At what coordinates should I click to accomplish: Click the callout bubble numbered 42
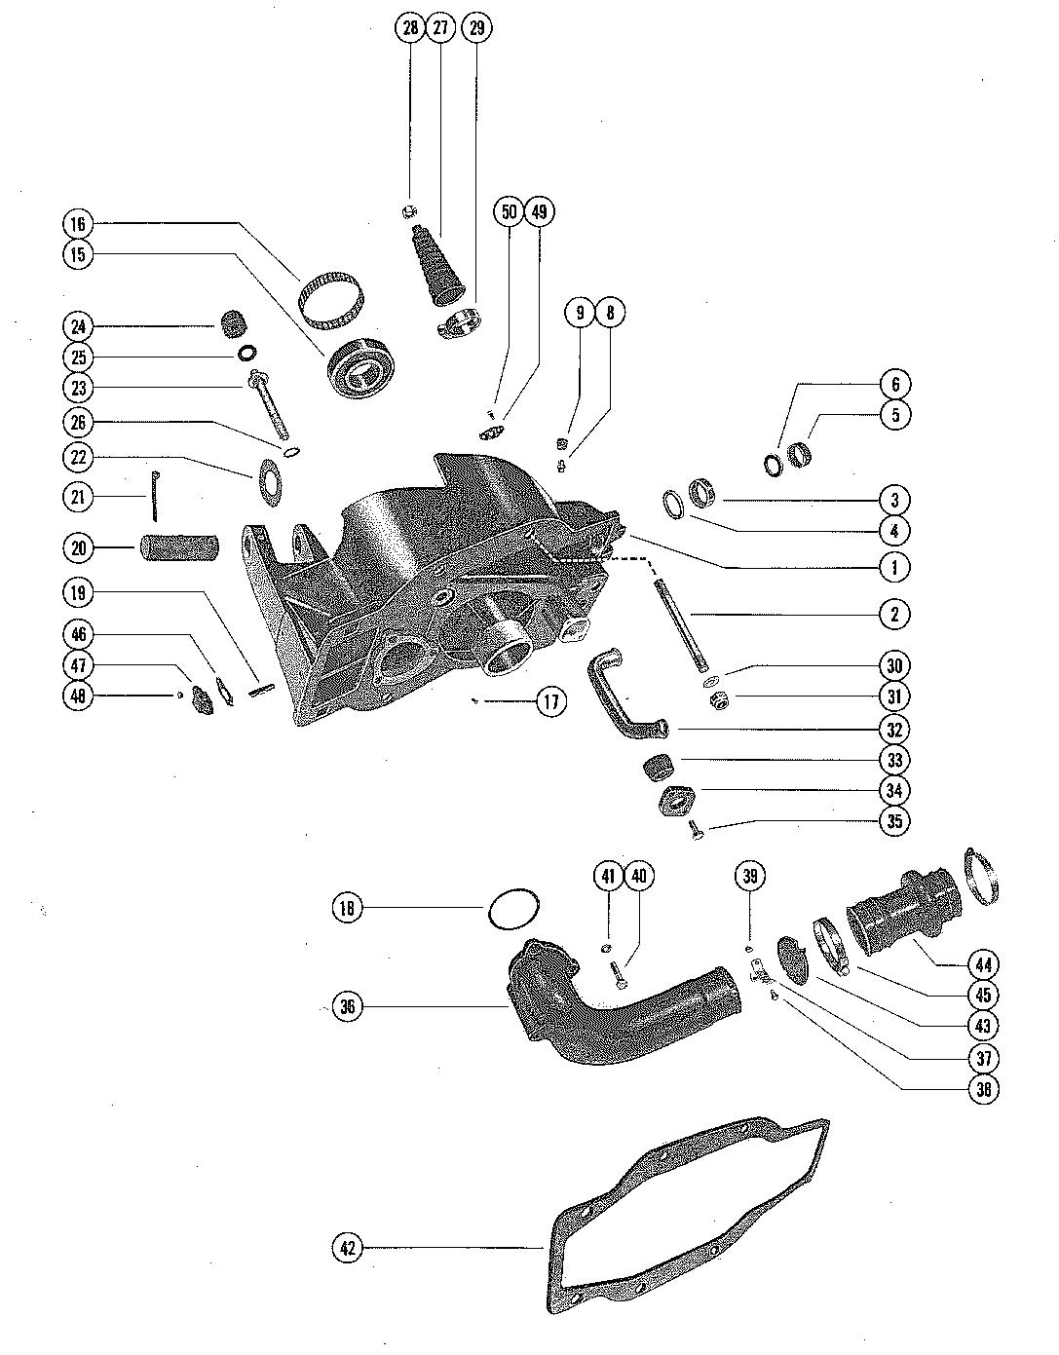(x=348, y=1247)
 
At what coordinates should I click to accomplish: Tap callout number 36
(x=348, y=1006)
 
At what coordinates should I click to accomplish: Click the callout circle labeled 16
(x=78, y=224)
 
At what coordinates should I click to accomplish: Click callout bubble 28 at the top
(x=410, y=27)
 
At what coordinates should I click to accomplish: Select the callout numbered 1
(x=894, y=566)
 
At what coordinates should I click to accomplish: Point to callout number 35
(x=894, y=821)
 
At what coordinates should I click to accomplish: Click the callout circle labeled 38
(x=983, y=1089)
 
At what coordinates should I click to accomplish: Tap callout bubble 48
(x=78, y=696)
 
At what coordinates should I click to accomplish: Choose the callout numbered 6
(x=894, y=384)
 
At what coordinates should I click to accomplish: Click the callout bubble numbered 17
(x=550, y=701)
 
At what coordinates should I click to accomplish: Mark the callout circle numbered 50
(x=510, y=212)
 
